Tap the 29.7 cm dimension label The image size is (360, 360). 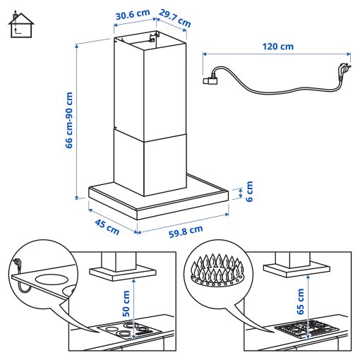click(x=174, y=18)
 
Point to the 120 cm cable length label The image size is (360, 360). click(x=277, y=47)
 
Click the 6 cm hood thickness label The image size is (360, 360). click(x=248, y=191)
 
